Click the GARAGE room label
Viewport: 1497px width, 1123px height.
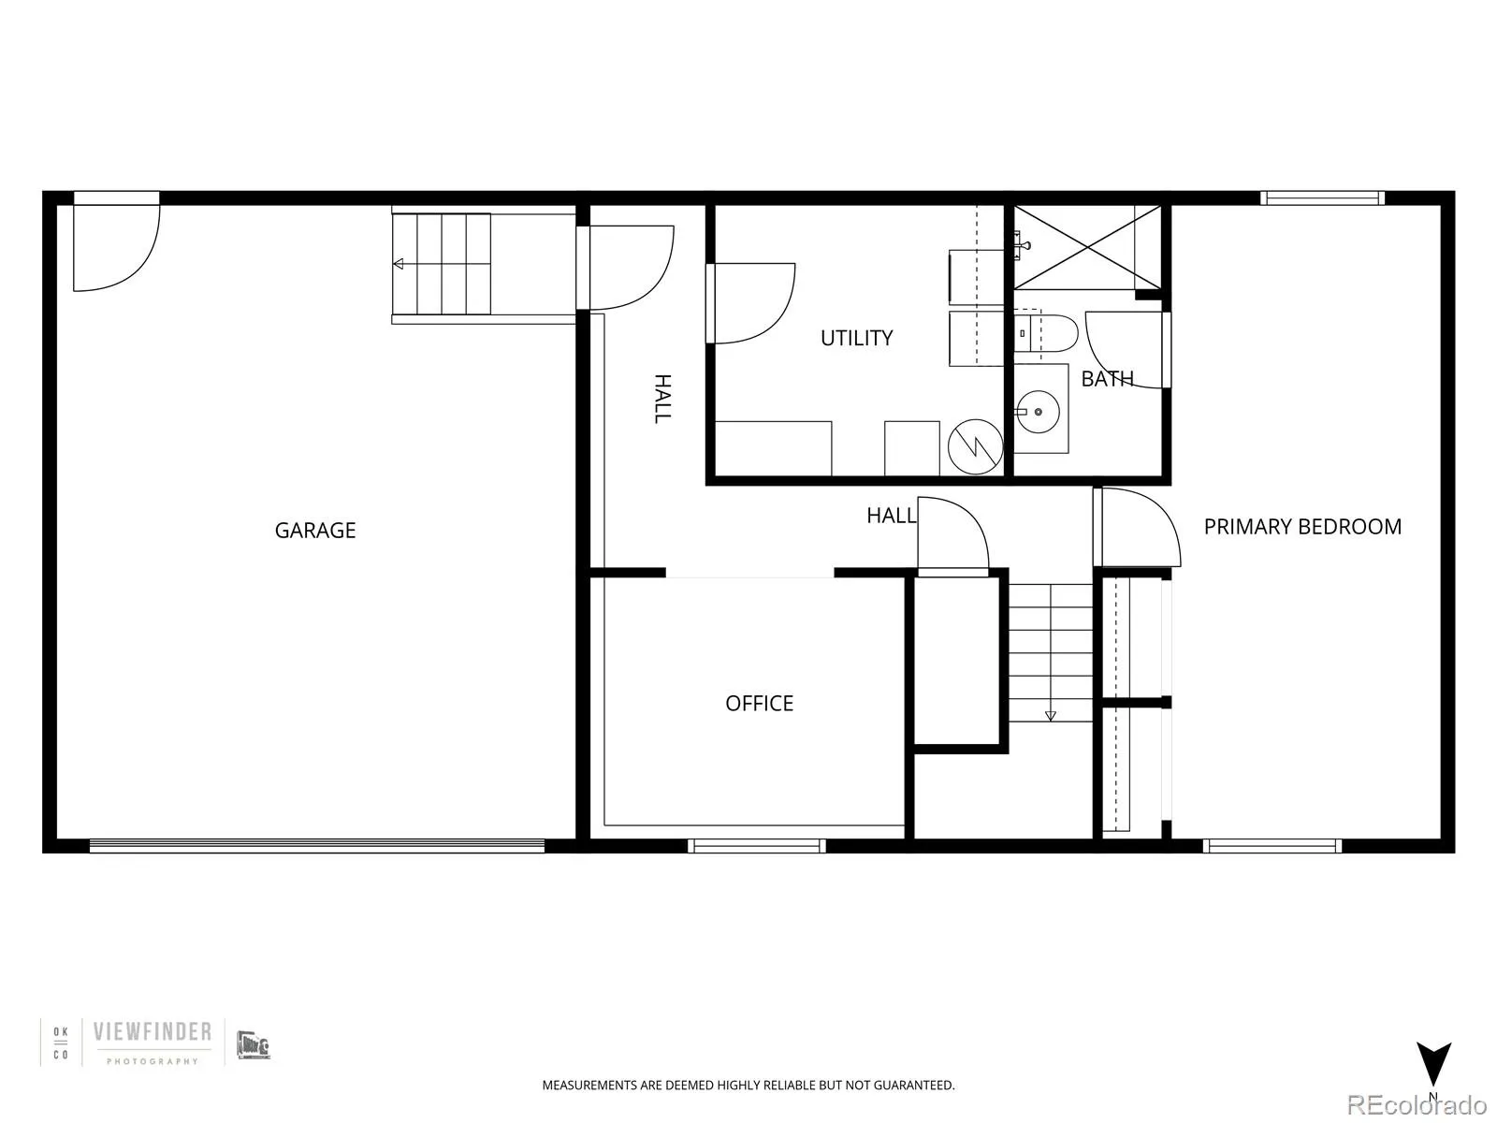(315, 531)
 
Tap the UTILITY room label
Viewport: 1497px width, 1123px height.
(856, 338)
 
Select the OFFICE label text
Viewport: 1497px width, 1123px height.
(759, 704)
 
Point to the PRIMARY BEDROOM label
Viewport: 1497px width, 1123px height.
(1302, 527)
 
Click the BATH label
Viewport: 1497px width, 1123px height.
(1107, 379)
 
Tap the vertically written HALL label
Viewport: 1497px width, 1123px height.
(661, 399)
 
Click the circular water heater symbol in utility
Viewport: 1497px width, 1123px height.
(975, 445)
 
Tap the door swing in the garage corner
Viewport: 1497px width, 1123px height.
(116, 246)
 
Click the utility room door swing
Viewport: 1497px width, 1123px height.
(753, 303)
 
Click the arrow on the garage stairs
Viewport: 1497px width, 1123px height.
(399, 264)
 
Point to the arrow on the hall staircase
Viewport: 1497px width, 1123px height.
(1050, 716)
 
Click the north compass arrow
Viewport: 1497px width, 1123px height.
(1432, 1064)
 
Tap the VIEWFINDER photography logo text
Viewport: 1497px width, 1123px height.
(152, 1033)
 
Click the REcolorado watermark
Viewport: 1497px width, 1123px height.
(1418, 1105)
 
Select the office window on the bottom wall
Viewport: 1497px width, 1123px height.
(756, 846)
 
